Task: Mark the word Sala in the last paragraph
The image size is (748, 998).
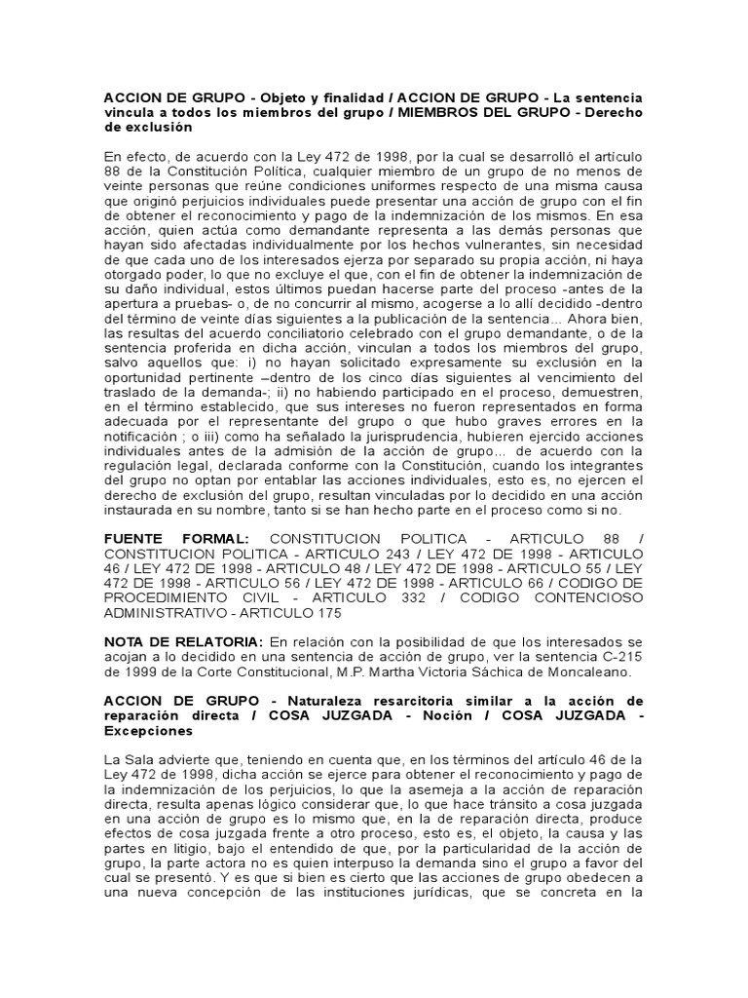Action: [139, 760]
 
